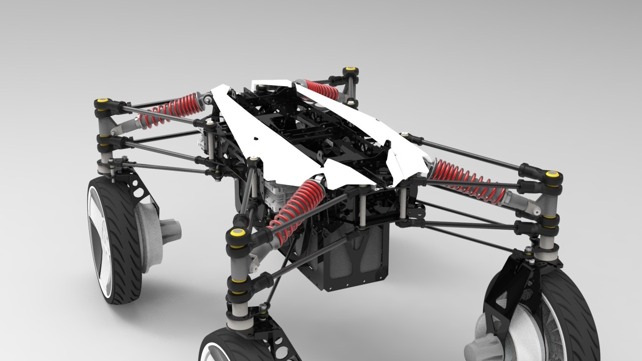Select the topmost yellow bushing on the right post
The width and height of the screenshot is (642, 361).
(x=552, y=175)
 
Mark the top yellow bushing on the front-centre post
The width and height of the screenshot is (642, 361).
(x=236, y=233)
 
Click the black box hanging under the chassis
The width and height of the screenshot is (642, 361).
(x=346, y=261)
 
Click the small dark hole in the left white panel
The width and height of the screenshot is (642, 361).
(x=255, y=138)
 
